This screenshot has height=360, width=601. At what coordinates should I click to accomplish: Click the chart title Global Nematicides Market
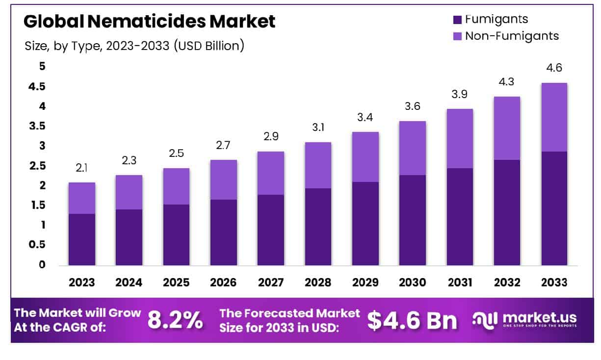click(149, 22)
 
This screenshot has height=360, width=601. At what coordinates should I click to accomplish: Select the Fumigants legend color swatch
click(457, 20)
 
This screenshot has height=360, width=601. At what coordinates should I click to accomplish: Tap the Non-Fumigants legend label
click(512, 36)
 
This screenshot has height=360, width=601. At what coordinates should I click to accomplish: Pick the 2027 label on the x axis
click(270, 283)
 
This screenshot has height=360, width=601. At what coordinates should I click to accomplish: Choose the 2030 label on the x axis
click(412, 283)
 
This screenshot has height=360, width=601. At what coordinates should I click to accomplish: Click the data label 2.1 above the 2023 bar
click(82, 168)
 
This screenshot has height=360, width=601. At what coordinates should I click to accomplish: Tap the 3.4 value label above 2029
click(365, 117)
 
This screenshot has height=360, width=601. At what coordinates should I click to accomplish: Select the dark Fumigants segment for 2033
click(554, 208)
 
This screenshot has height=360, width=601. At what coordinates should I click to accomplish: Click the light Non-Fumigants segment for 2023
click(82, 198)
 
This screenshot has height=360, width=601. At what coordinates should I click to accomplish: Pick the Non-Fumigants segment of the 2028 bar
click(318, 165)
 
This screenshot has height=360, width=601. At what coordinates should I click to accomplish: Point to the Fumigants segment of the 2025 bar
click(176, 235)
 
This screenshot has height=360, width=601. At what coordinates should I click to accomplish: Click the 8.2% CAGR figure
click(175, 320)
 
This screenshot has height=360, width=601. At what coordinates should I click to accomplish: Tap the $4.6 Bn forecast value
click(412, 320)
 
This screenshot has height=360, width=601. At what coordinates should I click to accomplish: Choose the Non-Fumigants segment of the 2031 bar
click(460, 139)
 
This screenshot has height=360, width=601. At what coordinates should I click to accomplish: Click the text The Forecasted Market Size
click(289, 320)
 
